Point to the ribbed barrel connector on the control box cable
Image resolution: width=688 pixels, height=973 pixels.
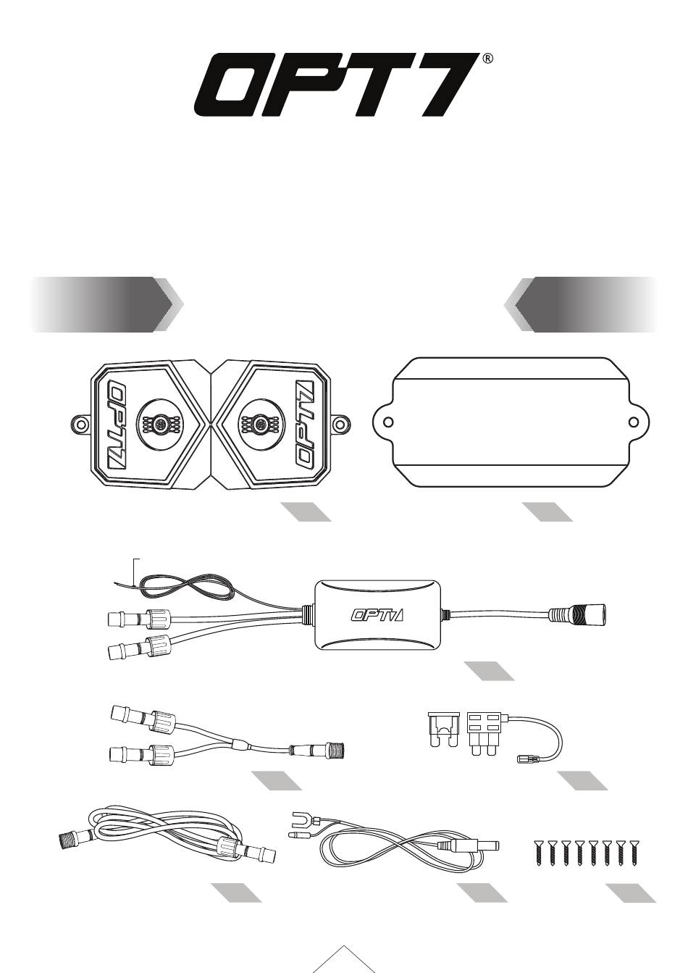coord(579,614)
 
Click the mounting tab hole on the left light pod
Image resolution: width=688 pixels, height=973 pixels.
coord(80,422)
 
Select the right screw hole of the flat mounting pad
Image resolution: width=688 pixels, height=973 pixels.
coord(635,422)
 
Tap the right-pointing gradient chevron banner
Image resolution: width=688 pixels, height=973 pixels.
coord(101,304)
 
